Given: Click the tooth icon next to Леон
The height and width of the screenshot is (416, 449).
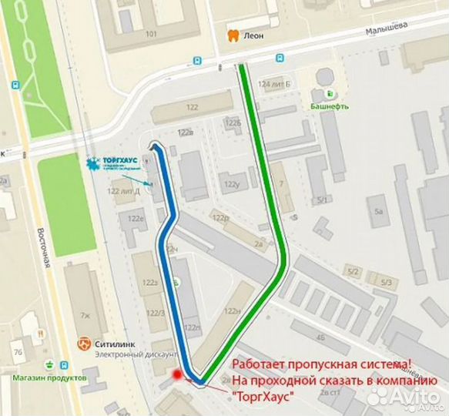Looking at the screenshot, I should point(232,35).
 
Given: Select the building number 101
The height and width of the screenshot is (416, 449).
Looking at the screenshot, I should point(151,34).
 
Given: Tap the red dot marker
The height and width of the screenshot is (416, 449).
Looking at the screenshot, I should point(178,375).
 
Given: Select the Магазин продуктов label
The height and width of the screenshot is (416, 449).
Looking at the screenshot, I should point(49,377).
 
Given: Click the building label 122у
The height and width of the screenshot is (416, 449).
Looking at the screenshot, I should point(231,184).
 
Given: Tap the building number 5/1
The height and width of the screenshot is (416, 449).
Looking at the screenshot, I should point(320,201).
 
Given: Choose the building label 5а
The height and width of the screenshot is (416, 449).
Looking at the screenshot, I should point(377,210).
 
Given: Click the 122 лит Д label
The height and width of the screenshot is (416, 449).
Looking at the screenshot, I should point(123,191).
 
